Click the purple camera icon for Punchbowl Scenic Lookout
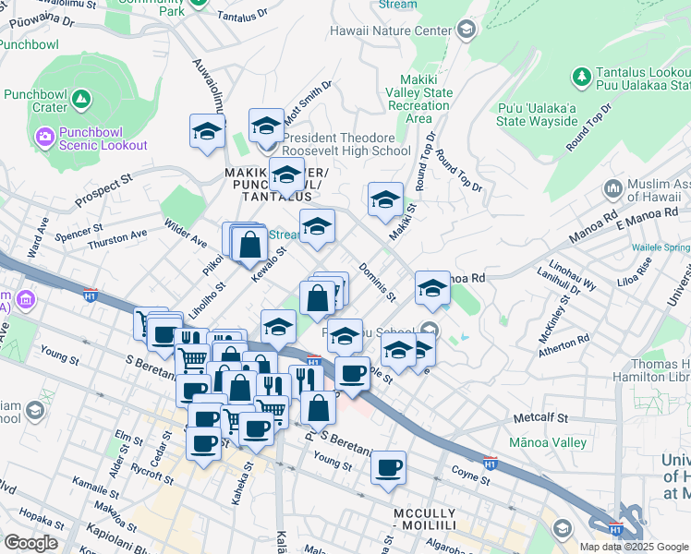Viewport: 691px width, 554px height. tap(44, 137)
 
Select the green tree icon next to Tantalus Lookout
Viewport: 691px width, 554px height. tap(581, 75)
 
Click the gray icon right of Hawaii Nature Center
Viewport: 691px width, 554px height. tap(466, 30)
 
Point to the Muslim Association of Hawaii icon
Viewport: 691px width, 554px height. tap(612, 189)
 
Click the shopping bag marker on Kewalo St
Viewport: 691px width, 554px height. tap(249, 246)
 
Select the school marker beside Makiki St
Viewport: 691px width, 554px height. tap(385, 200)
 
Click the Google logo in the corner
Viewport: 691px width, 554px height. tap(30, 543)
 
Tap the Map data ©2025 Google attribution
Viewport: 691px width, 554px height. tap(633, 546)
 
